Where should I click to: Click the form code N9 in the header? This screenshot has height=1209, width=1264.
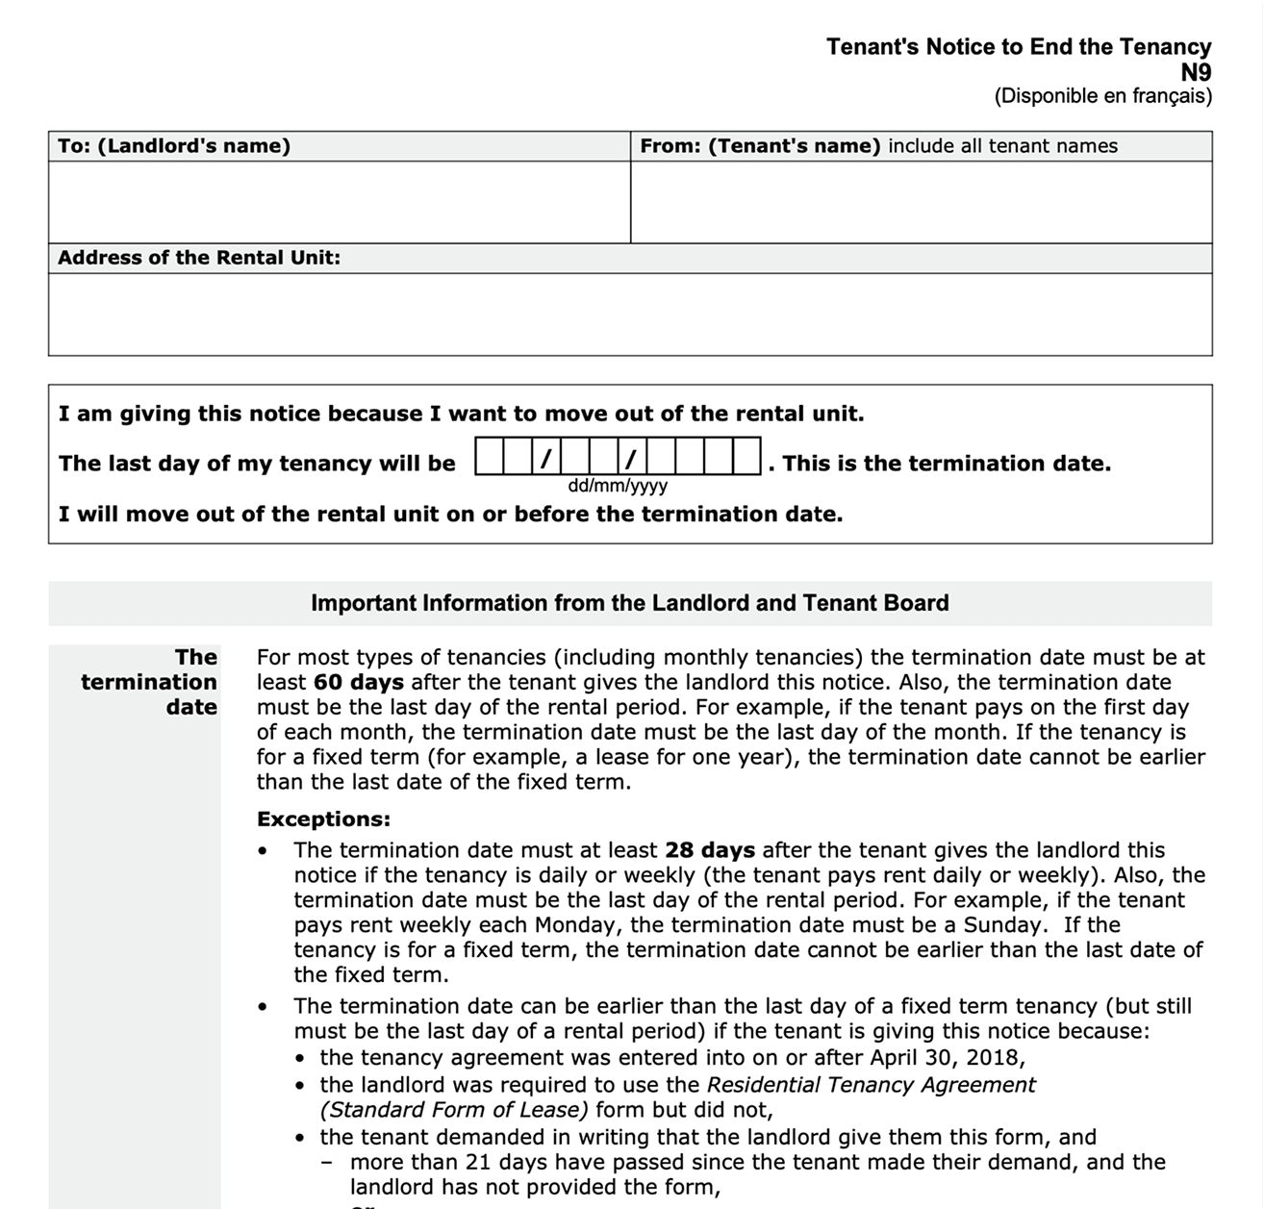(x=1196, y=72)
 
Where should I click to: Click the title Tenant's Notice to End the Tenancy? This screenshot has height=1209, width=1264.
(x=1018, y=47)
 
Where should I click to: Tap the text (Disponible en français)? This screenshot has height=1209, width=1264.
(x=1102, y=96)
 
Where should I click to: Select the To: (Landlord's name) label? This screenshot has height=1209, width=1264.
(x=174, y=146)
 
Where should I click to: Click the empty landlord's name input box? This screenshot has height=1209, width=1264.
(x=339, y=202)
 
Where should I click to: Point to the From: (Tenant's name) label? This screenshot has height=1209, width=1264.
(x=760, y=146)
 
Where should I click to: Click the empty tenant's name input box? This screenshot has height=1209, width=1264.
(x=921, y=202)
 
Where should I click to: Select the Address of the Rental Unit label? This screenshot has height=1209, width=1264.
(x=199, y=258)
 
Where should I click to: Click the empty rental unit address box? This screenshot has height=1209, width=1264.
(x=630, y=315)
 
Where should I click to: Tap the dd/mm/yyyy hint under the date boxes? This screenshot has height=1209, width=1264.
(x=618, y=486)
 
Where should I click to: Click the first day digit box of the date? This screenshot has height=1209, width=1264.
(x=490, y=457)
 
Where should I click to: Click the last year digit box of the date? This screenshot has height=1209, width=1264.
(x=747, y=457)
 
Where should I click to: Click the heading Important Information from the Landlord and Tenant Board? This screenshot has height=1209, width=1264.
(x=629, y=603)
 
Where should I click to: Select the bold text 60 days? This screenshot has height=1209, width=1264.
(x=358, y=683)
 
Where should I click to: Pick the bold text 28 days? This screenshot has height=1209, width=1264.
(x=709, y=850)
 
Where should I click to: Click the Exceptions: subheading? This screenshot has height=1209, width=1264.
(x=323, y=819)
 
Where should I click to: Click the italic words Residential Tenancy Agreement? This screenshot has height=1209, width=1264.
(x=871, y=1085)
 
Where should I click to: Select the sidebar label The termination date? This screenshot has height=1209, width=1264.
(x=149, y=682)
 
